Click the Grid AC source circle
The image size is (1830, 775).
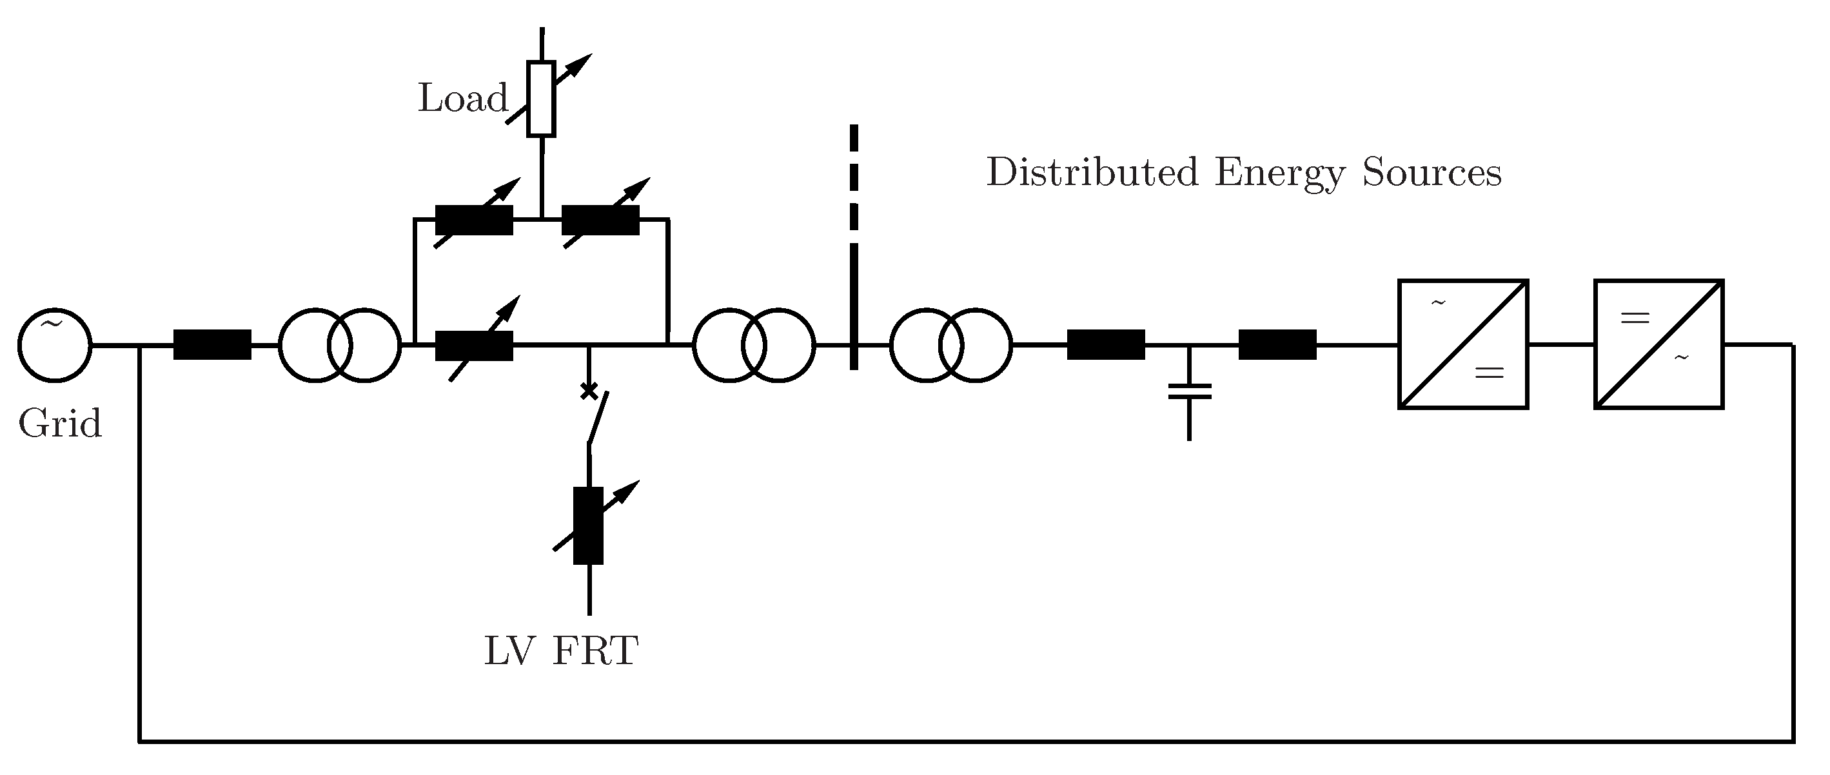click(x=55, y=345)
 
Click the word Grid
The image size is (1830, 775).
click(x=61, y=424)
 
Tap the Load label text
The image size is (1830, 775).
click(x=462, y=98)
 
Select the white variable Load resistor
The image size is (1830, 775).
click(x=542, y=99)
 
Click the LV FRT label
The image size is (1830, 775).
click(x=561, y=651)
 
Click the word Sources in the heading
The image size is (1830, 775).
click(x=1432, y=173)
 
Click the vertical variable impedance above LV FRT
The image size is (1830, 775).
click(x=588, y=525)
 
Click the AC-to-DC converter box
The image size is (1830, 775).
click(x=1462, y=344)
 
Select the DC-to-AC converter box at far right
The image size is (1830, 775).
click(x=1658, y=344)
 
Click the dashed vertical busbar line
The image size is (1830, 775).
click(x=854, y=249)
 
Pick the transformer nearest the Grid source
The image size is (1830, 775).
click(x=340, y=345)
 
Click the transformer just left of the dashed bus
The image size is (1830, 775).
click(x=754, y=345)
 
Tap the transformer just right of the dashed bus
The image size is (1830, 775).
click(x=950, y=345)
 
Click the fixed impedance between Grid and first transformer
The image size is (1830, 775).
click(x=212, y=345)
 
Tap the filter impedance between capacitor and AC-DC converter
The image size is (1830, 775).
click(x=1277, y=345)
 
